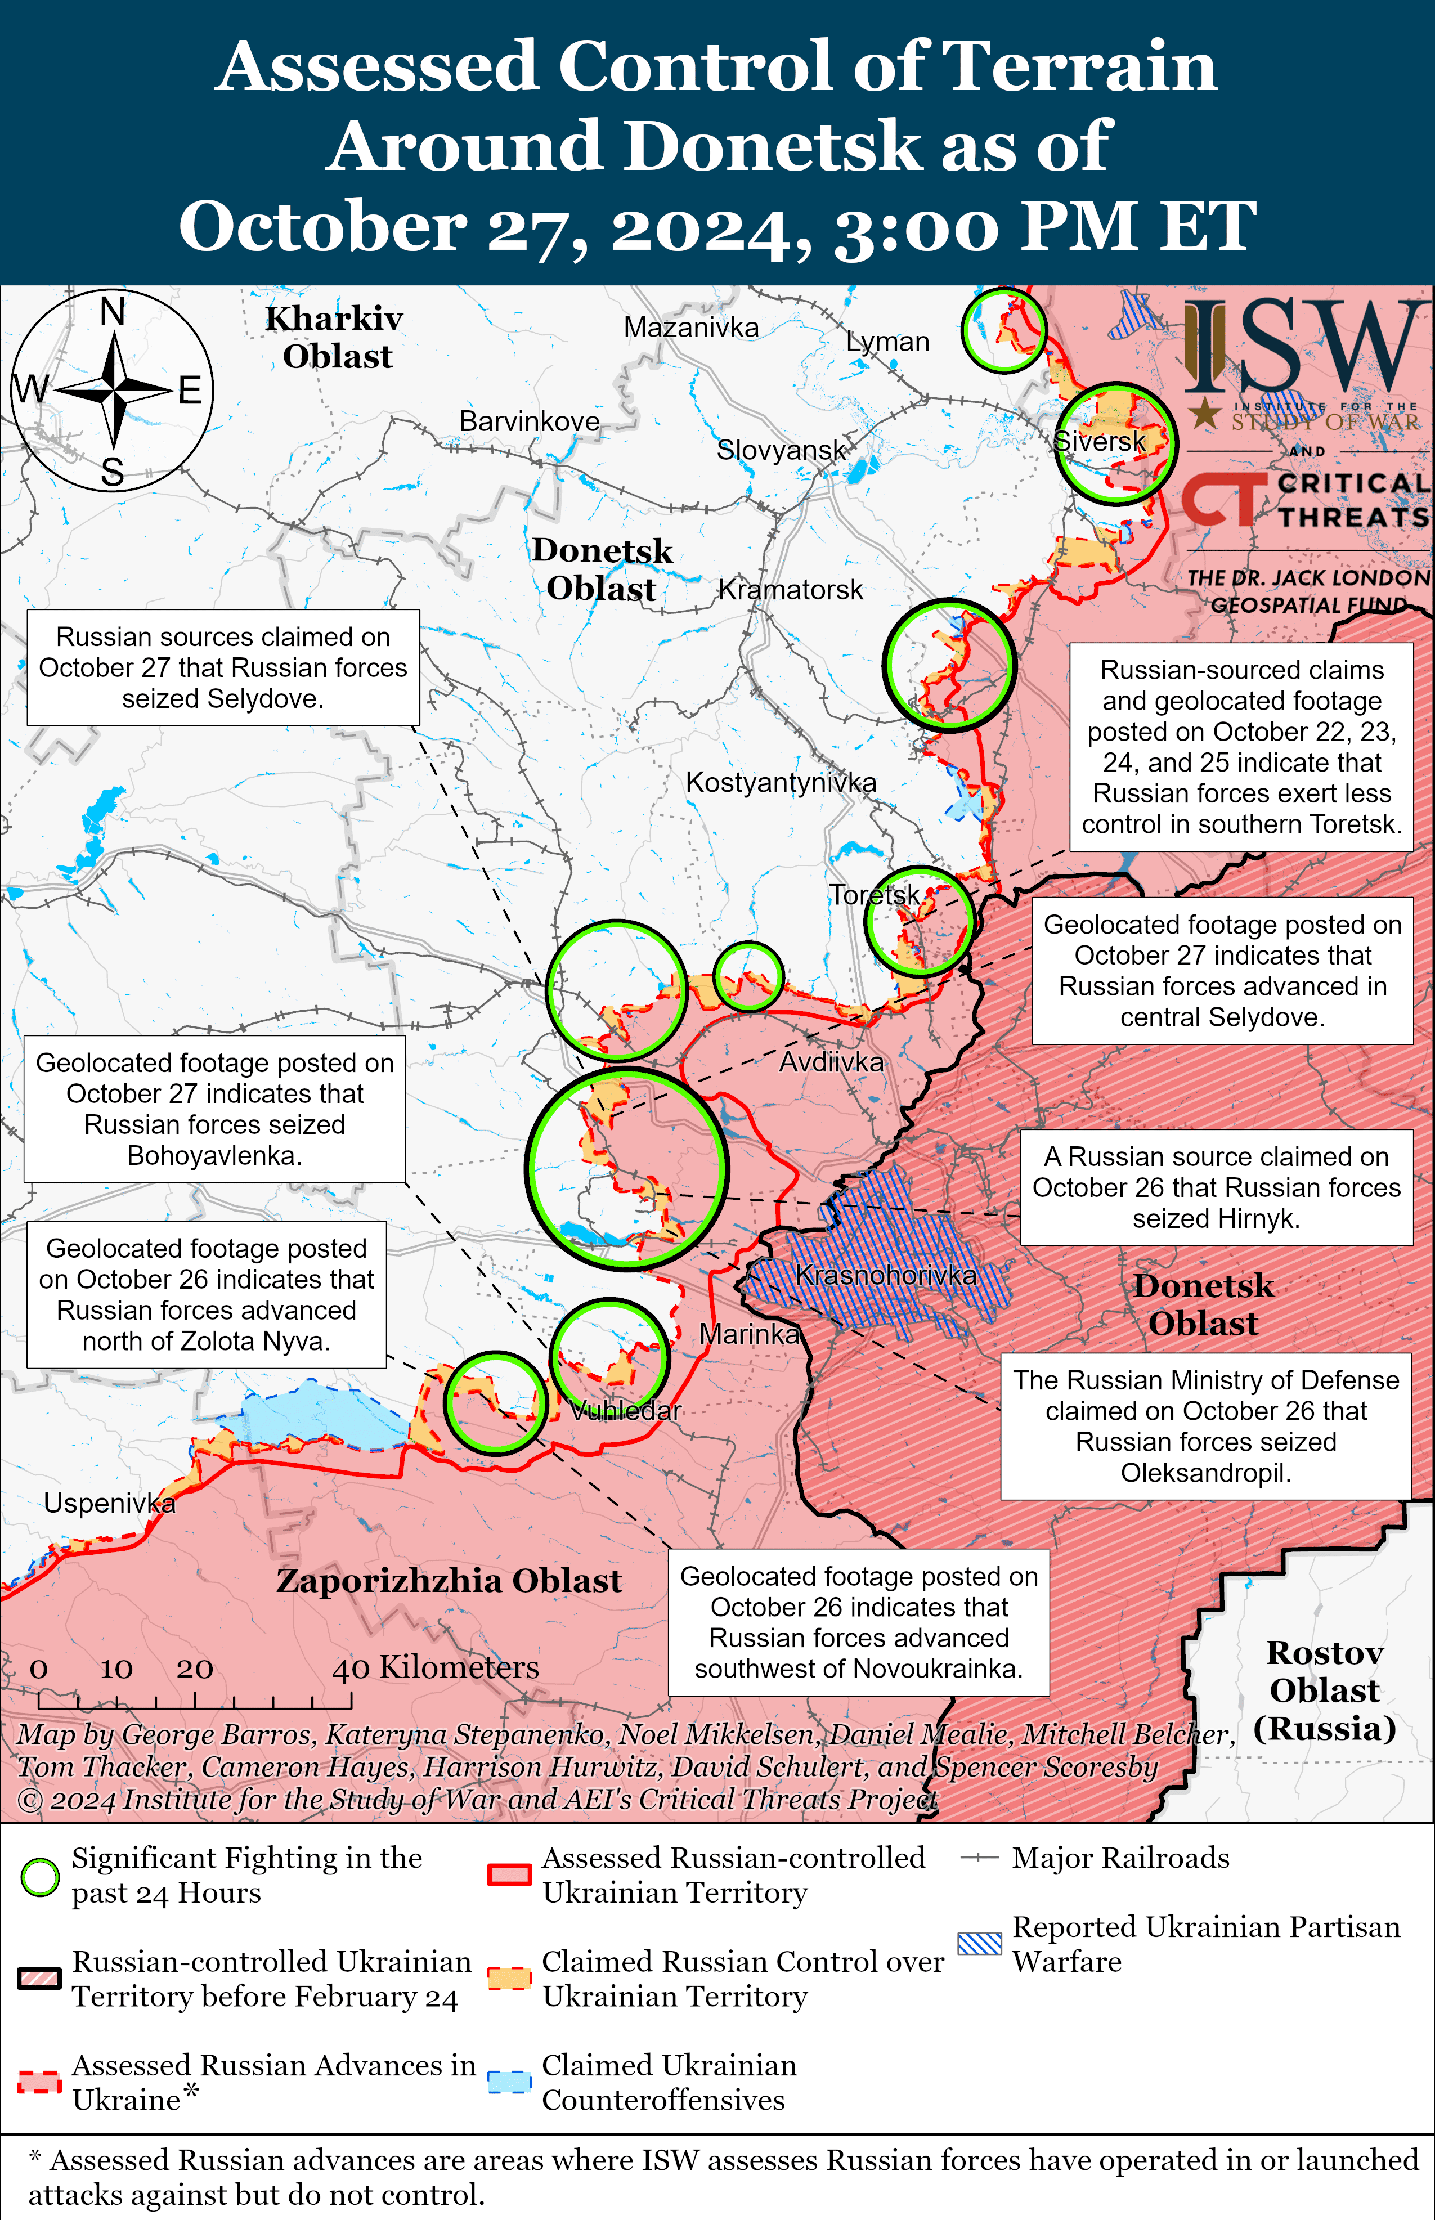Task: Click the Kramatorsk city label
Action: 790,590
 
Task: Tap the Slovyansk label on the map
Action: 781,450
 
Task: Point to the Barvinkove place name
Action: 530,421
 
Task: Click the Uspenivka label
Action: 109,1503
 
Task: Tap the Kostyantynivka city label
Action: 781,783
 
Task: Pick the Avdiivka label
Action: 831,1062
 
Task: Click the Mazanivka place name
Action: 690,328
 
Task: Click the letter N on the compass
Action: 113,311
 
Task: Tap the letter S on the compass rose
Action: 113,472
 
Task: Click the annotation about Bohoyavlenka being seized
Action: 214,1109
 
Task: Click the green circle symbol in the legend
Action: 40,1876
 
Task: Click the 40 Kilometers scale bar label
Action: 435,1667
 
